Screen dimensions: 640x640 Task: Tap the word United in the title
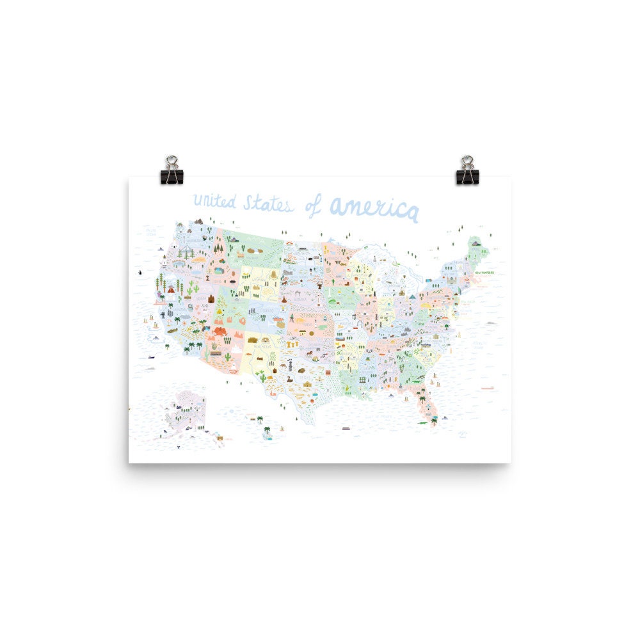(214, 202)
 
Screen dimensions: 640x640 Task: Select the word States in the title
(268, 204)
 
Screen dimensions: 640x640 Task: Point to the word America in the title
(374, 208)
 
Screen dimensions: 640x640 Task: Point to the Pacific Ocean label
(151, 230)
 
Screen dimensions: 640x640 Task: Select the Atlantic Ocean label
(479, 346)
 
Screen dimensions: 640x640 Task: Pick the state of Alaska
(189, 410)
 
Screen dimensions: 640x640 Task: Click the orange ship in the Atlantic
(488, 387)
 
